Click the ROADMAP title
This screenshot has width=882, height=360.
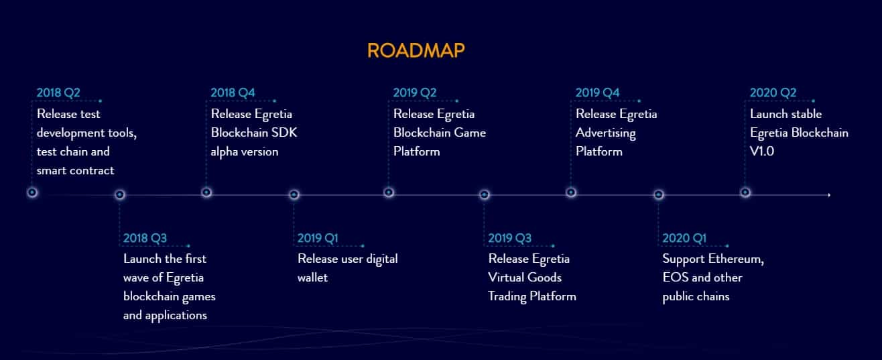point(416,50)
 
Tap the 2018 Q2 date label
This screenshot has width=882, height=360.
point(58,93)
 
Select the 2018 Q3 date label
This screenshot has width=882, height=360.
point(145,238)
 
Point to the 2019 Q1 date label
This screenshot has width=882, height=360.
point(318,238)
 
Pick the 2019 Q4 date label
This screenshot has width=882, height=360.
point(597,93)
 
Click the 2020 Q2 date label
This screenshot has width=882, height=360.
point(773,93)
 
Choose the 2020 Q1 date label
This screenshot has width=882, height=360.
point(684,238)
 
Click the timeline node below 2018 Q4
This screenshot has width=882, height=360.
point(206,192)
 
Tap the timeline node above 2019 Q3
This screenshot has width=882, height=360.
point(485,194)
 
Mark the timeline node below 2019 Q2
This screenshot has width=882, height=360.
point(389,192)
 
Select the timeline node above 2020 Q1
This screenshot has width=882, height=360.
point(658,194)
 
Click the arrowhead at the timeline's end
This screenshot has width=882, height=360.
point(829,195)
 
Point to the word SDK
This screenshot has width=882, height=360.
point(284,132)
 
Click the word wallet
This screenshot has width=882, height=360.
point(312,278)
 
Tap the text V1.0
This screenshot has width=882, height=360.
point(762,152)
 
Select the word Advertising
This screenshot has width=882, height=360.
point(606,133)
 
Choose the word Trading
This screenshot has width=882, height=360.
point(507,296)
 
